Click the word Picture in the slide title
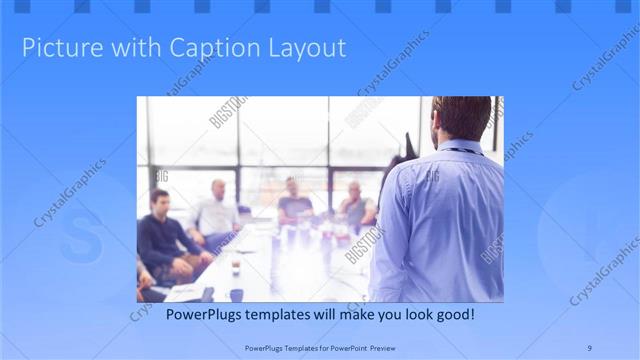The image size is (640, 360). (x=56, y=47)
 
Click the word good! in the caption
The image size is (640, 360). (x=452, y=315)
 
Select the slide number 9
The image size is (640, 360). (x=589, y=347)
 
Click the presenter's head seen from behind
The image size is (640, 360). (x=463, y=117)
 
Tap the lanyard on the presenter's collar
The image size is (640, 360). (x=462, y=150)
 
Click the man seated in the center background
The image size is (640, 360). (x=295, y=202)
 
